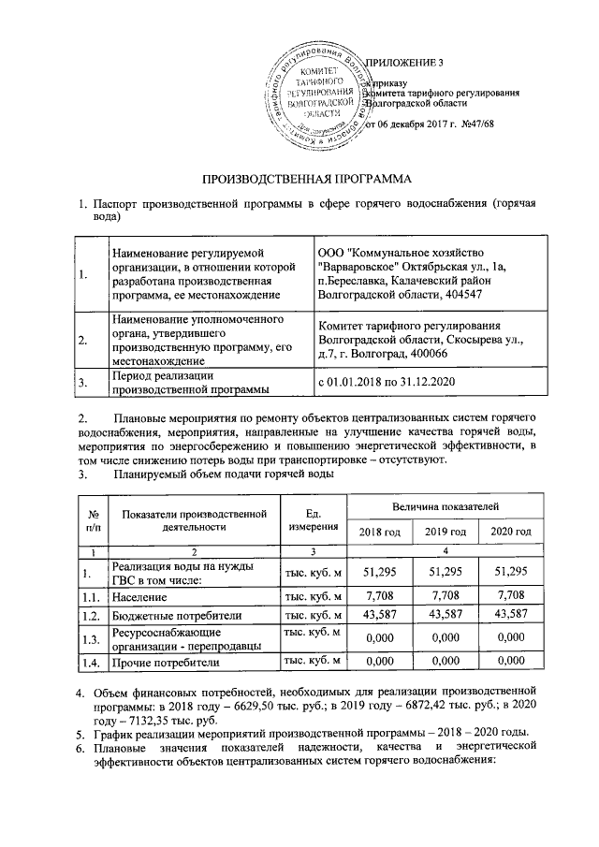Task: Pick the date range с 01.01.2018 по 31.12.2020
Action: pyautogui.click(x=391, y=382)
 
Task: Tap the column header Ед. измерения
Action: pyautogui.click(x=314, y=518)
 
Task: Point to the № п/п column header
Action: pyautogui.click(x=93, y=518)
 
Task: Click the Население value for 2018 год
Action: pyautogui.click(x=380, y=595)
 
